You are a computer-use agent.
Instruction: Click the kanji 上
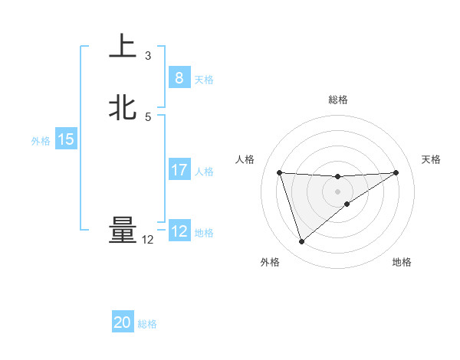123,46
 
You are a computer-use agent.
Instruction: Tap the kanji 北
123,107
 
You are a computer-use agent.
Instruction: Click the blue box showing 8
179,78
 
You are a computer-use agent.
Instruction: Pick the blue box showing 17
179,170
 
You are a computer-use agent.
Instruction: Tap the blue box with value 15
66,139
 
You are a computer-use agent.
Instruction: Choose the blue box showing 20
123,322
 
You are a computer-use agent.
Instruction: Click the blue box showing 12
179,231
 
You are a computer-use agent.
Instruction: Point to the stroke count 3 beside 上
148,55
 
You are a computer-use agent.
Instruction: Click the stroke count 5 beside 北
148,116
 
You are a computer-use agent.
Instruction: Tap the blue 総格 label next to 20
147,324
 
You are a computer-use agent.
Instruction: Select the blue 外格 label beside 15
41,141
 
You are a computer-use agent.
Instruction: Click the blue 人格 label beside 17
205,172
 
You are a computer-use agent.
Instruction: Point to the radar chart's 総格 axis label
338,100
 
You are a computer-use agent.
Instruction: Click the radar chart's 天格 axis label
432,159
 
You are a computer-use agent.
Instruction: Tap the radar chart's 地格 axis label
402,262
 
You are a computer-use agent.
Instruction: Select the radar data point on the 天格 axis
396,172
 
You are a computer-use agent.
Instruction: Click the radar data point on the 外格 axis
301,242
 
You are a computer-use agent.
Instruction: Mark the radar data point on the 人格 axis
280,172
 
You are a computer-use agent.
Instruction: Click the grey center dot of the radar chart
337,191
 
